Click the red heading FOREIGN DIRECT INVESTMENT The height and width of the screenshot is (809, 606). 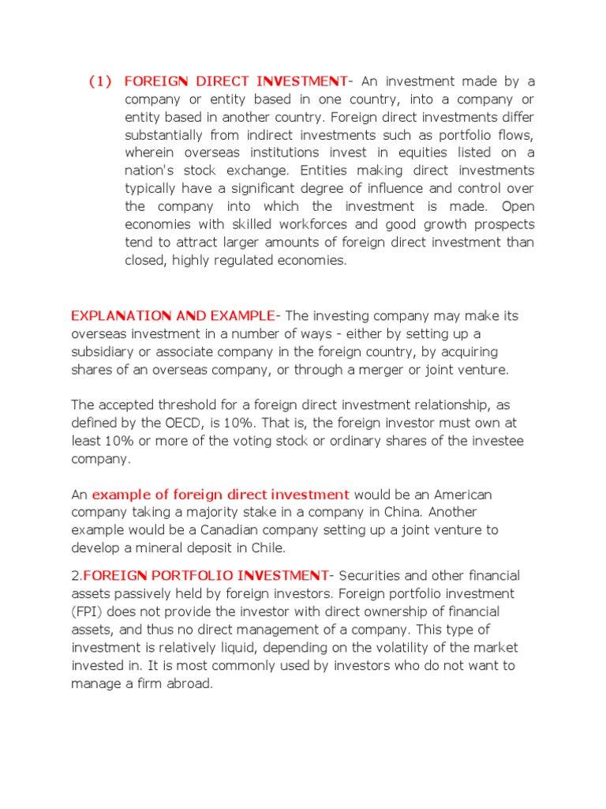tap(236, 81)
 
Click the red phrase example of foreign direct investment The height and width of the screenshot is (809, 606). tap(221, 495)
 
